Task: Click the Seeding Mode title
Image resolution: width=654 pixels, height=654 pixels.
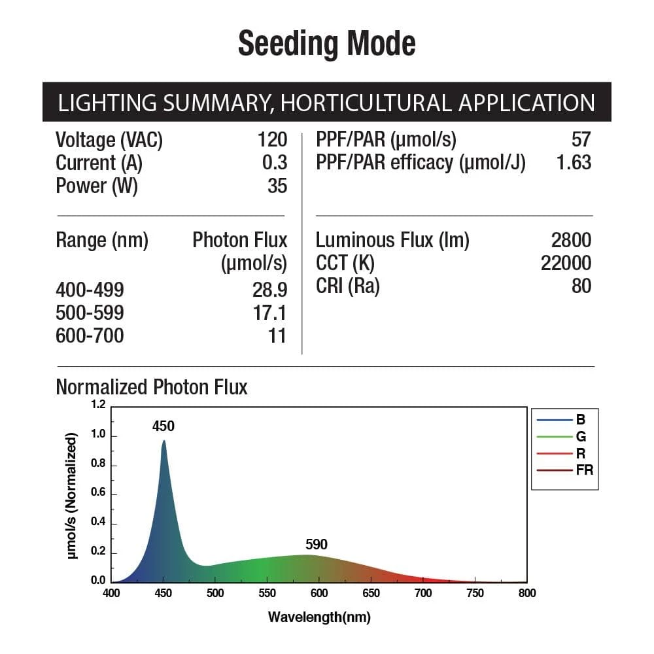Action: (326, 44)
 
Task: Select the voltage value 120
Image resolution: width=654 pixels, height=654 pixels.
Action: (272, 139)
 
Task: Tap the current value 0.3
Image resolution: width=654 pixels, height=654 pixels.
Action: (275, 162)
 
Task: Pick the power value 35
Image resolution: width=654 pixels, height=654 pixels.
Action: (277, 186)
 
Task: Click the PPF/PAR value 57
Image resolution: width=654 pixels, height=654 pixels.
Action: (581, 139)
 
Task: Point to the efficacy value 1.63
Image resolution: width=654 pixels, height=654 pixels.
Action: (574, 162)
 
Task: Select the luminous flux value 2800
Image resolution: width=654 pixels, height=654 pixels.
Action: (571, 241)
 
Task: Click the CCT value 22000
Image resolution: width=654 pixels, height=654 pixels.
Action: (566, 263)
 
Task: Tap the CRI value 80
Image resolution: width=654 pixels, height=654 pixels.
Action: (581, 286)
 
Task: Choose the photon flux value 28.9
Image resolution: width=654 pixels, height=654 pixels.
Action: (269, 290)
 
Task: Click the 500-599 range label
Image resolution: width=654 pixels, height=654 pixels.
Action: (90, 313)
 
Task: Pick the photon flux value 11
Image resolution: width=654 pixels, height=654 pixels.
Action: (277, 336)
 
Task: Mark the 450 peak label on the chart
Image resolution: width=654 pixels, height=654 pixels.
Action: (163, 426)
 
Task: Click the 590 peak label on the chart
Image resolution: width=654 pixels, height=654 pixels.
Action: (317, 545)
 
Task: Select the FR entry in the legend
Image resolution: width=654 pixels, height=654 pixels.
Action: (584, 470)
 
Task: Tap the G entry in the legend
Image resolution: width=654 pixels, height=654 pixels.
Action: (581, 436)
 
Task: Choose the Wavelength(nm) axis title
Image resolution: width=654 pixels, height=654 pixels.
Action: (319, 617)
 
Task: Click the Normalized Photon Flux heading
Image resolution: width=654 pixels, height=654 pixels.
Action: (152, 387)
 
